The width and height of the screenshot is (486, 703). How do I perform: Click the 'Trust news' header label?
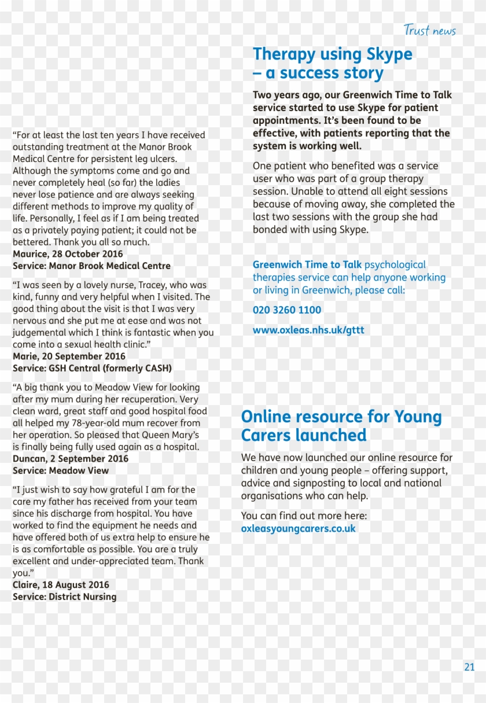click(429, 31)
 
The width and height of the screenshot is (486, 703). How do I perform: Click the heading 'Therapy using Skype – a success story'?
click(332, 64)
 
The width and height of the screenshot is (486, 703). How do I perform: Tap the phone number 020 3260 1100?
click(286, 310)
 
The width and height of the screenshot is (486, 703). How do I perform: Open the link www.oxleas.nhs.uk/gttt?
click(308, 330)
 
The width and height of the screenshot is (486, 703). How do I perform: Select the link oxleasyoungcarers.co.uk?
click(298, 528)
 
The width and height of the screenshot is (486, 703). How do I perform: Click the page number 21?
click(469, 667)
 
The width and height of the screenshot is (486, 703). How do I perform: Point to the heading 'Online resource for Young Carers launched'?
click(341, 426)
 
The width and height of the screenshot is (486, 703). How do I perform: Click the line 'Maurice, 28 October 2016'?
click(68, 254)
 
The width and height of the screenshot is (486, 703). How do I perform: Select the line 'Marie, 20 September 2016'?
click(69, 356)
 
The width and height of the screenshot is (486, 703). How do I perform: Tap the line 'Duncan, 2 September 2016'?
click(71, 459)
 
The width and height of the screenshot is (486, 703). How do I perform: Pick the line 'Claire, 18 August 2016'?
click(61, 585)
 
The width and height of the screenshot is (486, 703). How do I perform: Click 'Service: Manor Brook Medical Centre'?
click(91, 266)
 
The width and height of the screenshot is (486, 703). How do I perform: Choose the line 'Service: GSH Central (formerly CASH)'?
click(92, 368)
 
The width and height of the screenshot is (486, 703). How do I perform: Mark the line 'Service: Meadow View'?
click(61, 470)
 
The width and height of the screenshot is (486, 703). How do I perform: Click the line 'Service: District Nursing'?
click(64, 597)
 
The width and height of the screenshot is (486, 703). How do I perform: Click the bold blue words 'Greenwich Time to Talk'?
click(307, 265)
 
